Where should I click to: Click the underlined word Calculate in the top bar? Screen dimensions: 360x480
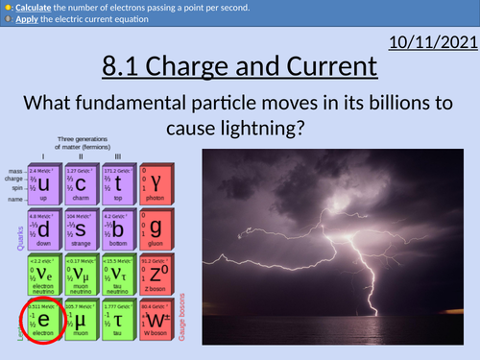(36, 7)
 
